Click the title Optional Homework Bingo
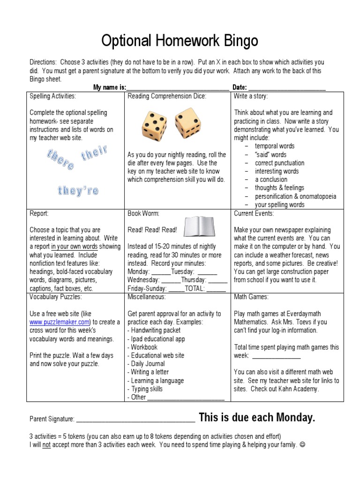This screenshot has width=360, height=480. [x=180, y=41]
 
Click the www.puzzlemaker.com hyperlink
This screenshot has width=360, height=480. [x=60, y=322]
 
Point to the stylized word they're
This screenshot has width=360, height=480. [x=78, y=191]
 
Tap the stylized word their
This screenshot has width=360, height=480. [x=94, y=154]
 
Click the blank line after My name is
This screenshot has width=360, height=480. [x=178, y=88]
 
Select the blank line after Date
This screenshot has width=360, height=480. [x=286, y=88]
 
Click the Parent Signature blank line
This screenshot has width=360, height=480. [x=135, y=419]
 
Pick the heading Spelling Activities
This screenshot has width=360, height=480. [x=52, y=96]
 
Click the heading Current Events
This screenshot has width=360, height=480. [x=254, y=213]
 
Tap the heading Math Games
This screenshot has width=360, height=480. [x=251, y=297]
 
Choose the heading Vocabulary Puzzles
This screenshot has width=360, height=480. [x=55, y=297]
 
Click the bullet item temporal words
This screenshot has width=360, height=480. [x=275, y=146]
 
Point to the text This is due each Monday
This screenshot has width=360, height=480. [x=257, y=418]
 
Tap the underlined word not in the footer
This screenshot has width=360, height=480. [x=46, y=445]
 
